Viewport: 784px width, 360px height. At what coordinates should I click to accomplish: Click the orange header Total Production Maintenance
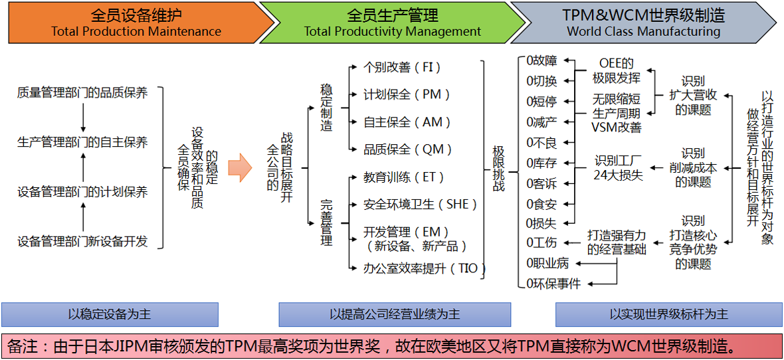click(136, 23)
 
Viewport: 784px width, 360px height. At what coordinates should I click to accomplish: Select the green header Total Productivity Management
click(392, 23)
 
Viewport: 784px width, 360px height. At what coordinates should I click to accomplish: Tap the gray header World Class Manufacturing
click(643, 23)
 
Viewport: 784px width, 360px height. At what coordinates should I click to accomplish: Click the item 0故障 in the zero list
click(541, 60)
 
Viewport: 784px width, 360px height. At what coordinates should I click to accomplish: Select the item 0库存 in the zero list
click(541, 163)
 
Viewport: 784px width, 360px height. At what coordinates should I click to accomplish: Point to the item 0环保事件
click(553, 284)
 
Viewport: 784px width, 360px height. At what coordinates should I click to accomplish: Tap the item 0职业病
click(547, 263)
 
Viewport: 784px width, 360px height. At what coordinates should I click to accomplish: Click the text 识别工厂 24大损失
click(619, 169)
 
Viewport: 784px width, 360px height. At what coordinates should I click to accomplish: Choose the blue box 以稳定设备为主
click(110, 314)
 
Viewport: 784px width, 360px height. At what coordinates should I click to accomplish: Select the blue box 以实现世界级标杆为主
click(668, 314)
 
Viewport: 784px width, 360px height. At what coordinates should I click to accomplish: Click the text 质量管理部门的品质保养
click(82, 93)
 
